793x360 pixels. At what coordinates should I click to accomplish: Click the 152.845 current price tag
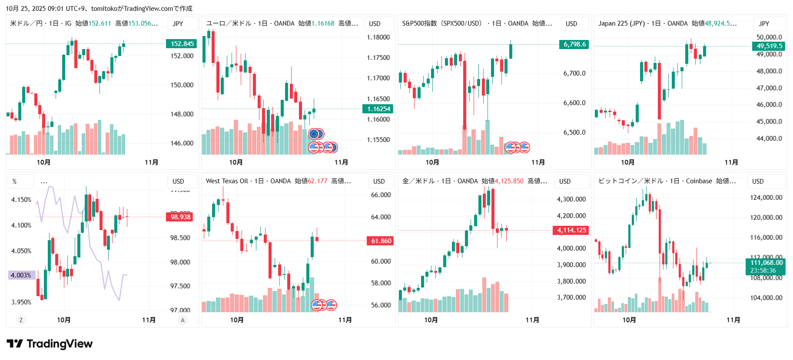tap(182, 44)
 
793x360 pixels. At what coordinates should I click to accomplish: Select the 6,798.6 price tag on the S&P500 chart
tap(574, 44)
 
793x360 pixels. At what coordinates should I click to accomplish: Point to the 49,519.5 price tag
tap(769, 46)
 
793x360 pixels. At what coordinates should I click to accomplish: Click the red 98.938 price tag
tap(180, 217)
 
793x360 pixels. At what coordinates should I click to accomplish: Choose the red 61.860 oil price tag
tap(381, 241)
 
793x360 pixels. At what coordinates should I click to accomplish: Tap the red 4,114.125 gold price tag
tap(571, 230)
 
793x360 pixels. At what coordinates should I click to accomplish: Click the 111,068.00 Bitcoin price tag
tap(766, 263)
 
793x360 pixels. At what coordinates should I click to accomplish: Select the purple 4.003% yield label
tap(21, 275)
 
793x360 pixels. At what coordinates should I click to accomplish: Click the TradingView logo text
tap(59, 344)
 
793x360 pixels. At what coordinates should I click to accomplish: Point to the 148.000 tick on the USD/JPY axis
tap(182, 114)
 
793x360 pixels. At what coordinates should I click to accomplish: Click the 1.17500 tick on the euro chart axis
tap(378, 58)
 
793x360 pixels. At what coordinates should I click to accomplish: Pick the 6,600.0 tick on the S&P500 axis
tap(574, 103)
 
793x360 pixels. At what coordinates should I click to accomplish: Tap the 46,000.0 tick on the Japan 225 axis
tap(769, 105)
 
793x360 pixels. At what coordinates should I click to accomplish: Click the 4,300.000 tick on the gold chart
tap(571, 199)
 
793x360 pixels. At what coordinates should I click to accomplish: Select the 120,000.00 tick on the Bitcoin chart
tap(766, 218)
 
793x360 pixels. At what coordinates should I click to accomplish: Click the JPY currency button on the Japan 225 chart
tap(764, 24)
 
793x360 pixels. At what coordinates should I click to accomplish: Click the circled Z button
tap(21, 320)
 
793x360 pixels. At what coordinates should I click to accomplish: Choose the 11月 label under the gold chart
tap(532, 320)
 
